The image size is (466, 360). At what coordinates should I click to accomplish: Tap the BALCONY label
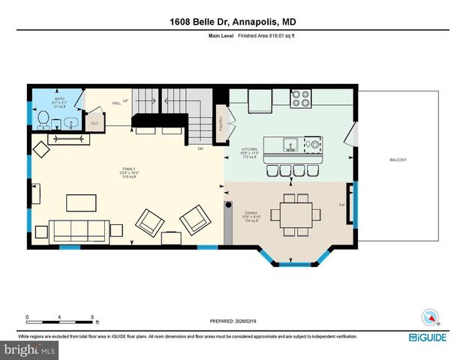(398, 160)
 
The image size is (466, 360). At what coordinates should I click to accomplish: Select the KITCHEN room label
(249, 150)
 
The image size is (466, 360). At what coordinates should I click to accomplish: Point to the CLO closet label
(95, 122)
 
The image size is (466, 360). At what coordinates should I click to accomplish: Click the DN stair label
(200, 149)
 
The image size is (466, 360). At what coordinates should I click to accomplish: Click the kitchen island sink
(290, 143)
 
